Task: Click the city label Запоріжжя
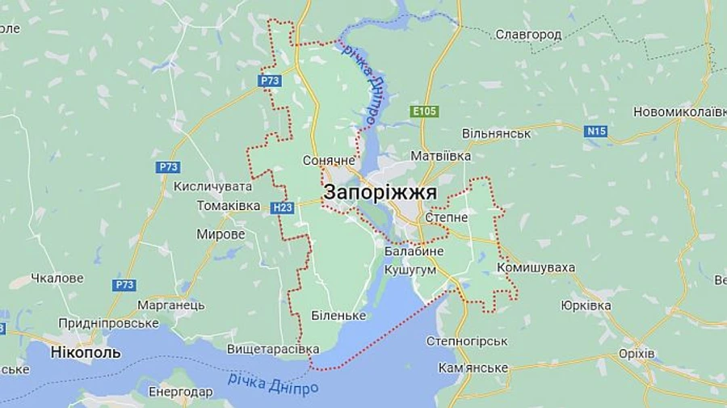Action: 380,193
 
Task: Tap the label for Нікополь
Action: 86,352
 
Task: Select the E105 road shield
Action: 424,111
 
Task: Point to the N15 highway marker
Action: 596,131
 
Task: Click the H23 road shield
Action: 282,208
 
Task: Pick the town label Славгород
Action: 528,35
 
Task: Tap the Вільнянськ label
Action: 496,133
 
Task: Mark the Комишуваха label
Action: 536,267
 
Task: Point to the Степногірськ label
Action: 467,341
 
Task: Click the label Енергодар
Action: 180,392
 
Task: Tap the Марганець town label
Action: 170,305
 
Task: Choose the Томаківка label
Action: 229,206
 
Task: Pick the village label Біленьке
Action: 339,315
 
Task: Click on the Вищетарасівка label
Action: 273,349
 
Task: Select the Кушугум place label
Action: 410,269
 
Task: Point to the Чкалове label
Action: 57,278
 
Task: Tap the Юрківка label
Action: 586,305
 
